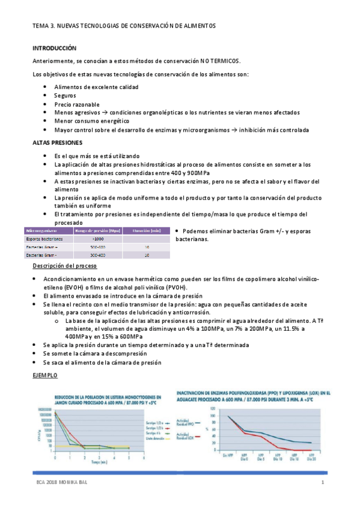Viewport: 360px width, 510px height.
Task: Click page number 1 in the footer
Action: pyautogui.click(x=323, y=483)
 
